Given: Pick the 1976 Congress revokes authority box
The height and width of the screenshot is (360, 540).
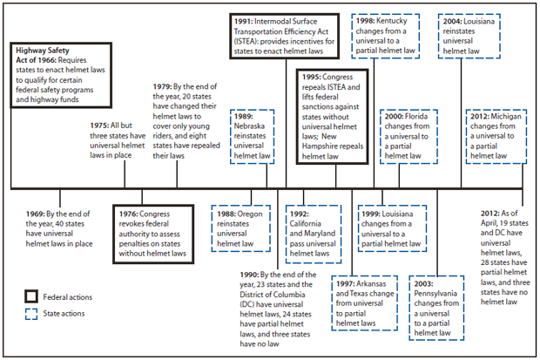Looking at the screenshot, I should coord(153,228).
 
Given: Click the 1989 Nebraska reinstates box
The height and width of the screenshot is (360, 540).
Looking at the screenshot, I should coord(251,136).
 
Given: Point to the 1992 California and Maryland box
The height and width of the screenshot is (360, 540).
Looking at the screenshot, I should coord(314,228).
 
